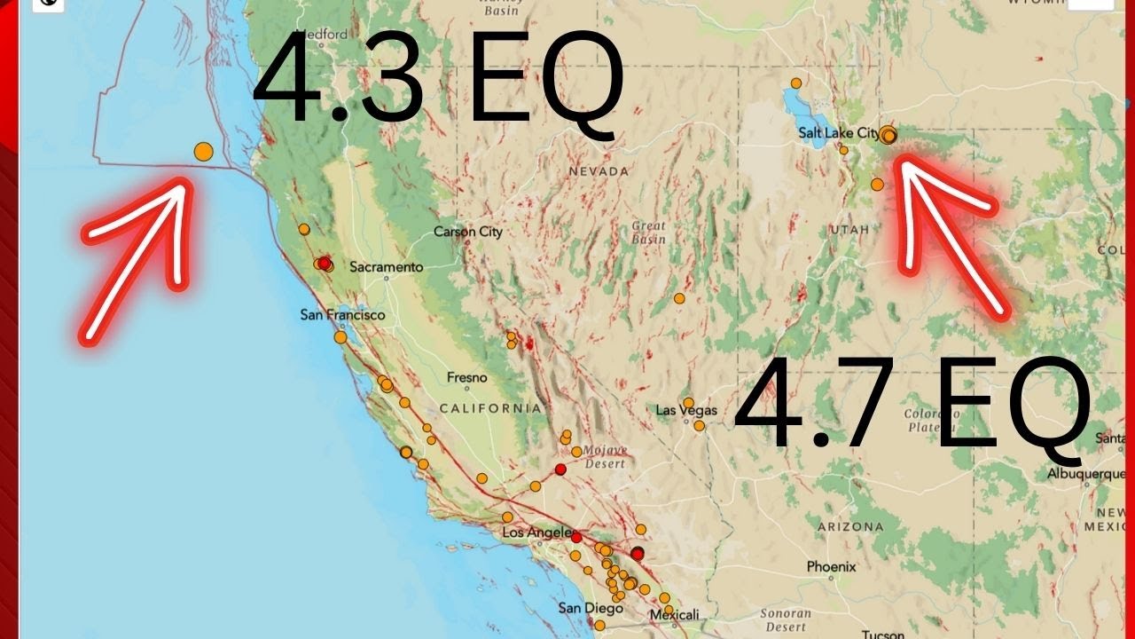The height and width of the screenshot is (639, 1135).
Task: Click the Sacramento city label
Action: click(x=386, y=266)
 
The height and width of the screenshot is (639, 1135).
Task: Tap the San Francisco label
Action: click(x=342, y=315)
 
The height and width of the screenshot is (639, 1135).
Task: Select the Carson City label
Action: click(x=467, y=232)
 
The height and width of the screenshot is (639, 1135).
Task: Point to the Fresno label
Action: click(x=466, y=378)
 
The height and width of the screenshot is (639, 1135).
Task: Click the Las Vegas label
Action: click(x=686, y=410)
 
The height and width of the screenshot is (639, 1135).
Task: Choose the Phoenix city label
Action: click(x=831, y=566)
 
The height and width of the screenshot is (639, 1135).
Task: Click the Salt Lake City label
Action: click(x=838, y=133)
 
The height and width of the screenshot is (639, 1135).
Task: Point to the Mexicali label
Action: click(x=674, y=614)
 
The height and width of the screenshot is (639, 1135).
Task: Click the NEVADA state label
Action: click(x=599, y=171)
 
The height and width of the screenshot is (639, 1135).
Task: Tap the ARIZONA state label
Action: click(x=849, y=526)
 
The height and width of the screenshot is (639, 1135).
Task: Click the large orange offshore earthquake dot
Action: click(x=203, y=152)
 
